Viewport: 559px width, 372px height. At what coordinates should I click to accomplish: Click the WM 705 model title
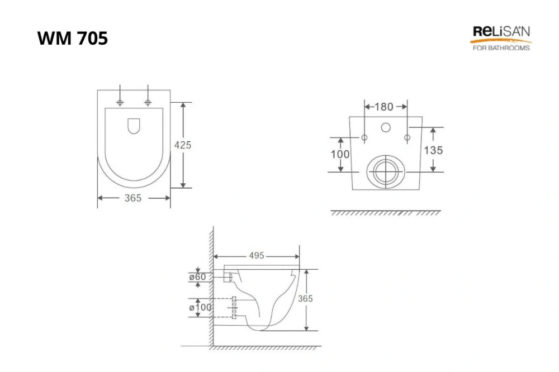coord(72,38)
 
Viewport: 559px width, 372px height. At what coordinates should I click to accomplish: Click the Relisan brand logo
coord(501,38)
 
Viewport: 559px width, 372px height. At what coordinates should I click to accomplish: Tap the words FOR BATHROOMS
coord(501,47)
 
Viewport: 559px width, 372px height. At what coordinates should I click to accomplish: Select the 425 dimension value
coord(183,145)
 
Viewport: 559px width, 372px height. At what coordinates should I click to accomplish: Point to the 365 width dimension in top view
coord(133,198)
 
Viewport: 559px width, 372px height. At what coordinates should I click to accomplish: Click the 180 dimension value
coord(384,107)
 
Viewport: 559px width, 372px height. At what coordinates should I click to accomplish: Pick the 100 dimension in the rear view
coord(340,154)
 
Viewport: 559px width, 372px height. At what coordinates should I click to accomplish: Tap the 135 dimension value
coord(434,150)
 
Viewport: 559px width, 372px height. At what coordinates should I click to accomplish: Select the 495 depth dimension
coord(257,255)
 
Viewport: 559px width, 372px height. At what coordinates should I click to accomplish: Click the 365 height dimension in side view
coord(305,298)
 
